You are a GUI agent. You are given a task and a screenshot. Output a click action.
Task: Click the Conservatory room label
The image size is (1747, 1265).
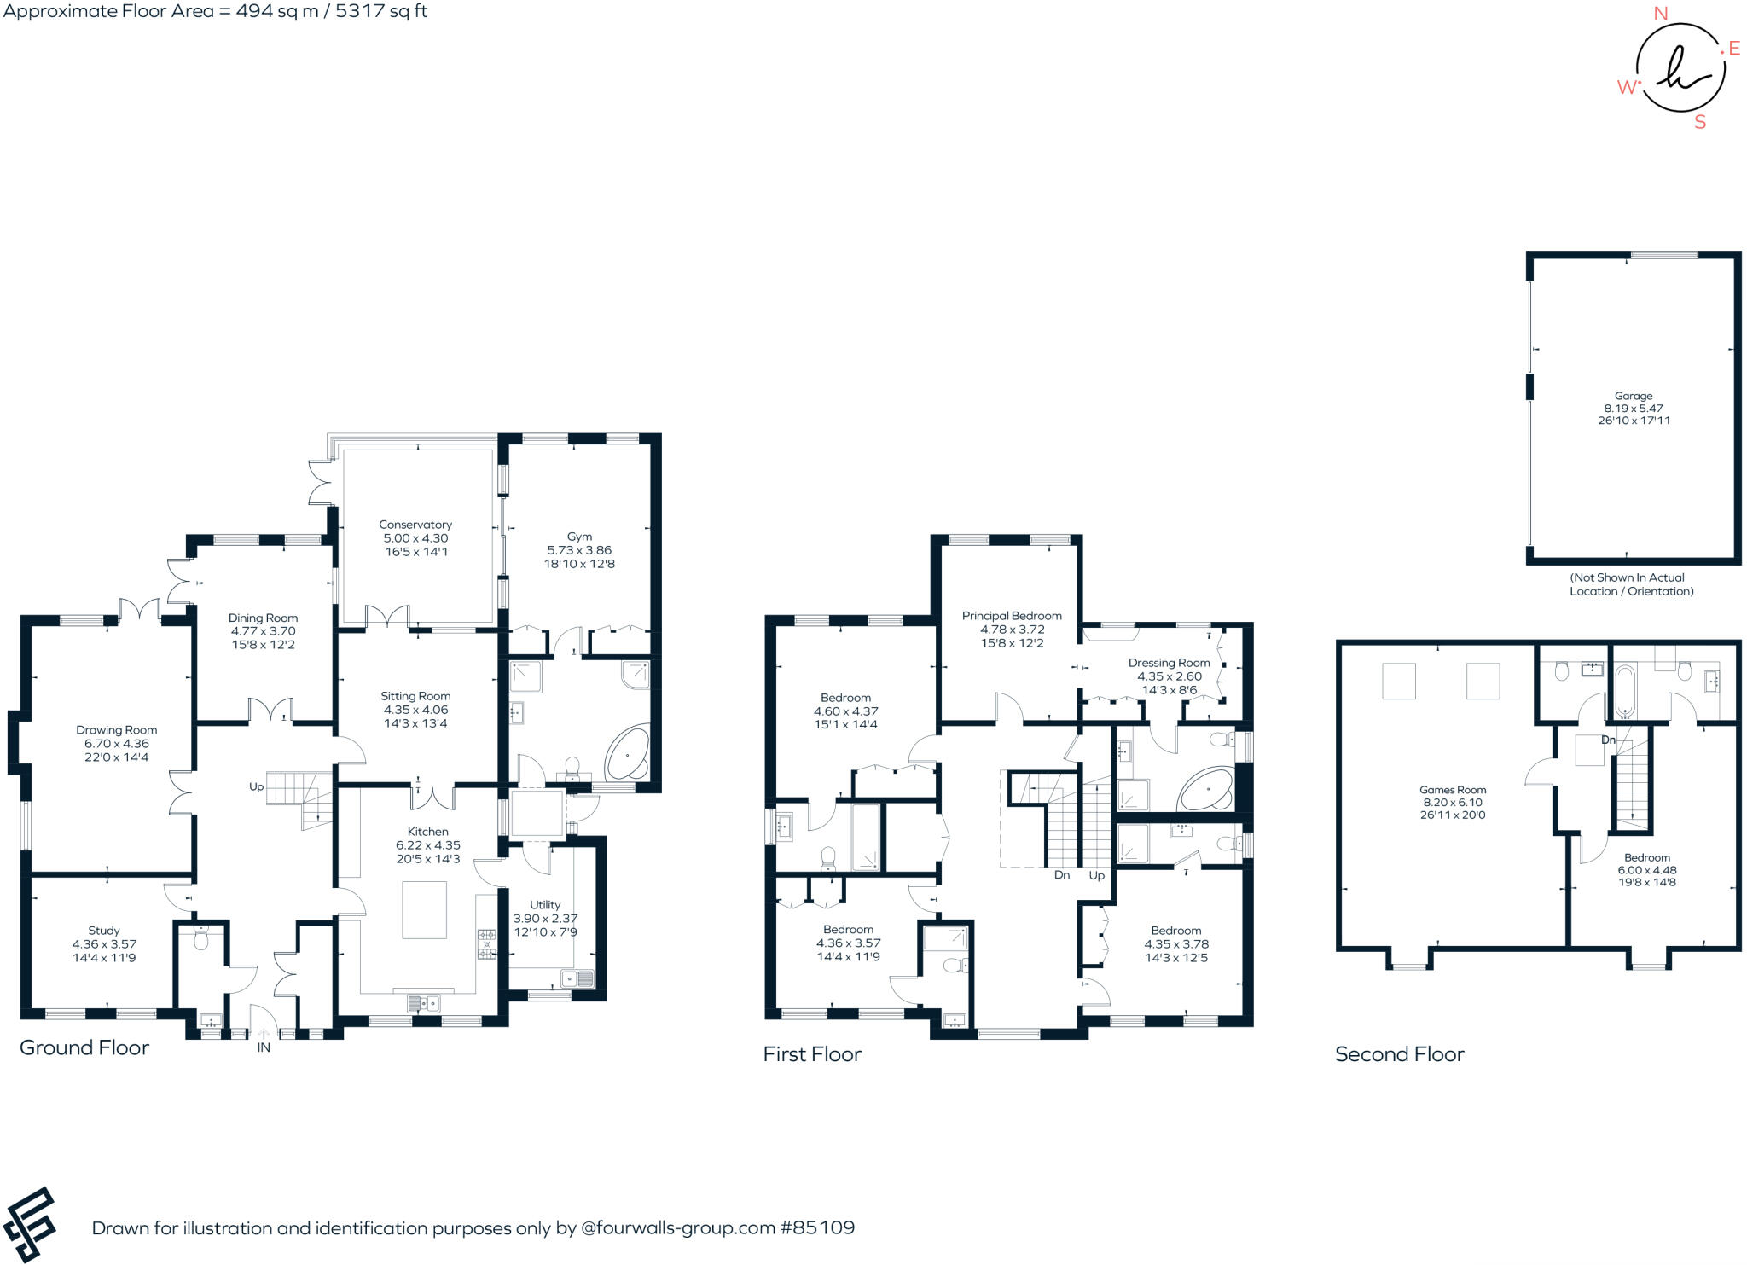pos(415,525)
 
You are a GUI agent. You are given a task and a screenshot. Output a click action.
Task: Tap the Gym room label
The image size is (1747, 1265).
pos(579,537)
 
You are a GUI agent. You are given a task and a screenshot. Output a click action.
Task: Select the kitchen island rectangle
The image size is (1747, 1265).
pos(424,910)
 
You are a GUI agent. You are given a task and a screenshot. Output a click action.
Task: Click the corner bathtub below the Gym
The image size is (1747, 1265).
pos(627,756)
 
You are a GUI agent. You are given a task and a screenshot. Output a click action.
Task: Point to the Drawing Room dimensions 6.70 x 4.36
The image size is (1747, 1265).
pos(116,744)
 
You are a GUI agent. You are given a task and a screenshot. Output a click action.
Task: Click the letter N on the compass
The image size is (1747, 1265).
pos(1660,14)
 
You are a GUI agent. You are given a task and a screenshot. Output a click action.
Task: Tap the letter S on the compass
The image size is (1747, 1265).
pos(1700,122)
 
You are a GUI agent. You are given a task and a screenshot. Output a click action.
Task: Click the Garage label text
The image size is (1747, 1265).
pos(1633,396)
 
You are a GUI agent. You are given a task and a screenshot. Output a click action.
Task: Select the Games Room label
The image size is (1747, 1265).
pos(1452,790)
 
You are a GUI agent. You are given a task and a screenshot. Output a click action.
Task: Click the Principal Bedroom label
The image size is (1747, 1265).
pos(1012,616)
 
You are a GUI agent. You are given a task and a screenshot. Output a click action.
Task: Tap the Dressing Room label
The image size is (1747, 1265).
pos(1169,663)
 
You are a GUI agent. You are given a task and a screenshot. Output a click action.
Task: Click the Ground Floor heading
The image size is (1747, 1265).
pos(84,1047)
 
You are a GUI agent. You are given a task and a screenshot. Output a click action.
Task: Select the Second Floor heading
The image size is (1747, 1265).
pos(1399,1054)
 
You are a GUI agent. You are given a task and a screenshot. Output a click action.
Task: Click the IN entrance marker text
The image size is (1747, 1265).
pos(264,1047)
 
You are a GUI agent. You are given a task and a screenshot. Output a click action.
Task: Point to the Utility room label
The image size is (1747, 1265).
pos(545,905)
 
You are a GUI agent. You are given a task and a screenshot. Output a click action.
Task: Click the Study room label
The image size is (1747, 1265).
pos(104,931)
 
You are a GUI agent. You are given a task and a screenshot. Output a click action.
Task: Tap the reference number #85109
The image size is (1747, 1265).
pos(816,1227)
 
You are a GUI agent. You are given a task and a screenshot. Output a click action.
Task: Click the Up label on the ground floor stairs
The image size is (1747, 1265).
pos(256,786)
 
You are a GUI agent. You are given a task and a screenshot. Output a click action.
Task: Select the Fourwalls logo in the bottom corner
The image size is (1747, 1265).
pos(29,1225)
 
